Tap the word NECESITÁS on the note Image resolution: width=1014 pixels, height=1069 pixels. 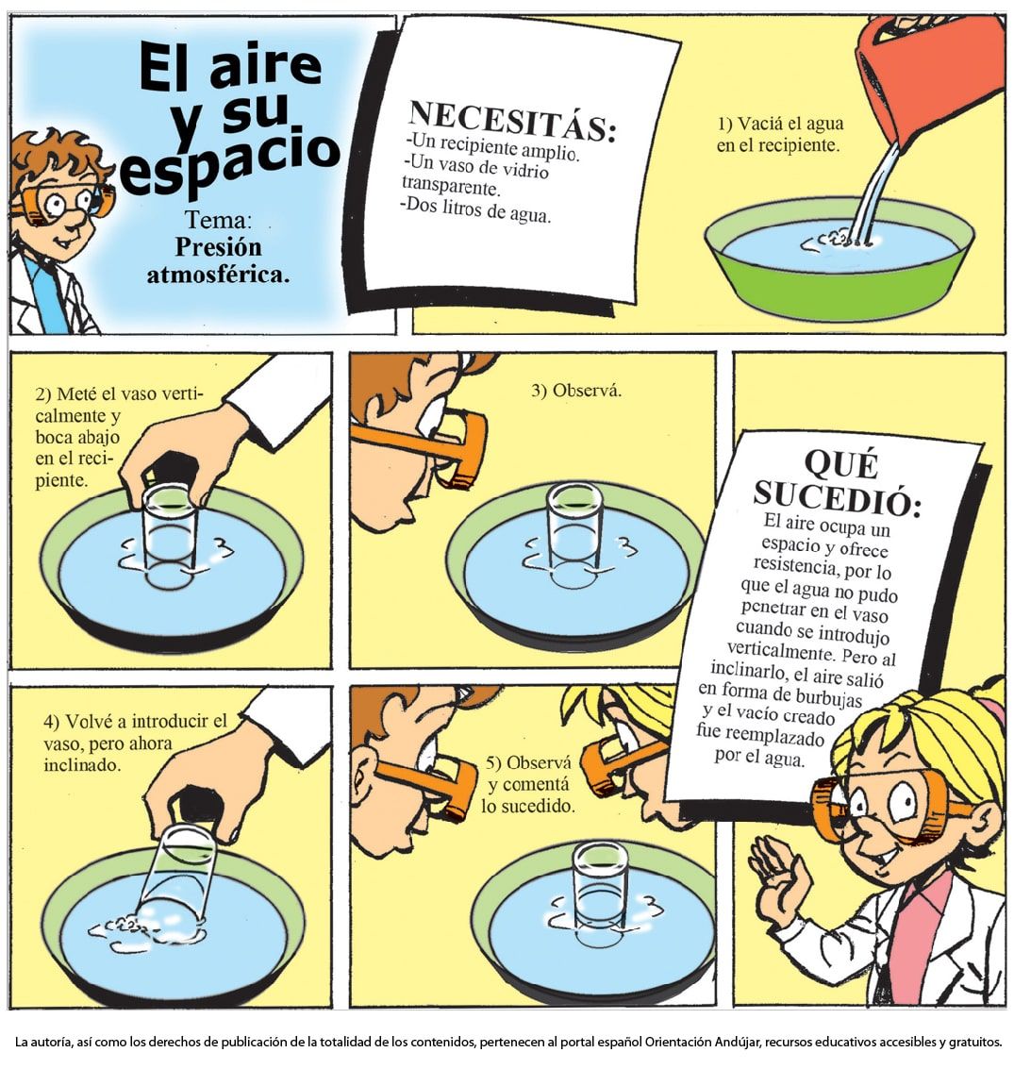(x=512, y=122)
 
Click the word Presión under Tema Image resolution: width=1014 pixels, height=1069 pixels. (x=218, y=247)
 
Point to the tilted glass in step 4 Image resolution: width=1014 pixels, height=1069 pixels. (x=175, y=877)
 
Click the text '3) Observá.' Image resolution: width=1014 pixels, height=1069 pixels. (x=576, y=391)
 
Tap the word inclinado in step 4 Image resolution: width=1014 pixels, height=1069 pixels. (x=82, y=765)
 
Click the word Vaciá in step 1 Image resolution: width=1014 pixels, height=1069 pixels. (x=760, y=124)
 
